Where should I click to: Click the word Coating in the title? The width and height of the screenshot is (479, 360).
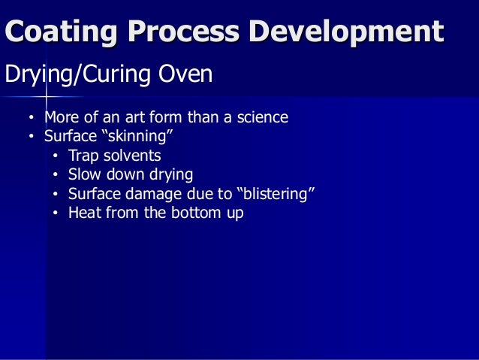[x=62, y=32]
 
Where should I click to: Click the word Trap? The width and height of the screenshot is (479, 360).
[x=83, y=156]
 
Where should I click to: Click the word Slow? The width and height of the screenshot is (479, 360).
[x=84, y=175]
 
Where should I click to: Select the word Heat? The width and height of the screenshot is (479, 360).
[x=85, y=213]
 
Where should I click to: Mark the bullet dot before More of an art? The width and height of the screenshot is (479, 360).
[x=31, y=119]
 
